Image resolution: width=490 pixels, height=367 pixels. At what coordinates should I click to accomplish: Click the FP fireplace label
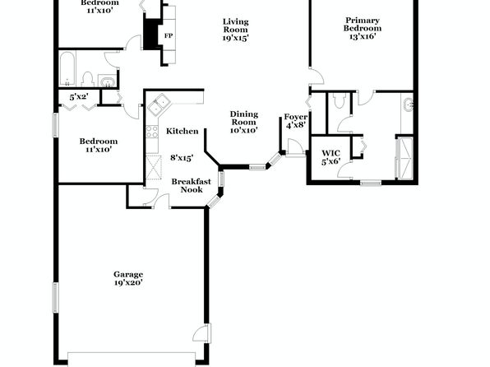169,35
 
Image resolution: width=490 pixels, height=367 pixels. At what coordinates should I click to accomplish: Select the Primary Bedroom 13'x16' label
363,29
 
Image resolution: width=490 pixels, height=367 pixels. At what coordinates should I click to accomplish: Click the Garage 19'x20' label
128,278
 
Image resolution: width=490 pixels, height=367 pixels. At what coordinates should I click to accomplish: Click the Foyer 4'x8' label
296,121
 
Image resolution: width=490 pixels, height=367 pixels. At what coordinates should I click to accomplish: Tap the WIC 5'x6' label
331,157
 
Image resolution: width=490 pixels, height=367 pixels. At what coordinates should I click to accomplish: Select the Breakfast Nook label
192,185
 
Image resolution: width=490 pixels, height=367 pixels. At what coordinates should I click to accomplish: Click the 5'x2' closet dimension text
79,97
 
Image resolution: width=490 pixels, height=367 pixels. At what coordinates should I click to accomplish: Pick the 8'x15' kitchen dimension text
182,158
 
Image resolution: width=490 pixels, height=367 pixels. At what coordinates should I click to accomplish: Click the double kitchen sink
159,105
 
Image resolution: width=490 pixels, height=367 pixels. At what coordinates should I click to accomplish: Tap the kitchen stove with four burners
152,132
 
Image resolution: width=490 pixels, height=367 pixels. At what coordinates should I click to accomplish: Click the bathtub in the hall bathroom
67,69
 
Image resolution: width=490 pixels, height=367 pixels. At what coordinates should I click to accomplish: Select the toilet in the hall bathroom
88,79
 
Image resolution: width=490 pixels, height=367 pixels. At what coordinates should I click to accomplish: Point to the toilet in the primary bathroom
339,100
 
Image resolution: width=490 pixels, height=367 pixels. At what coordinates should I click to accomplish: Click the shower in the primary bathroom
404,158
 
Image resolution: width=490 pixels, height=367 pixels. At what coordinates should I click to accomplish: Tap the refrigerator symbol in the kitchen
154,167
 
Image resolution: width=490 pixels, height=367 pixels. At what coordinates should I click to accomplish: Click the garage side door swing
201,332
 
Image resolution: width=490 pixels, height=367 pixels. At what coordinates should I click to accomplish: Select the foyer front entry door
295,147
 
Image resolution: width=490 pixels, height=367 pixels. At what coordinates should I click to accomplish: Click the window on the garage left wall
55,297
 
